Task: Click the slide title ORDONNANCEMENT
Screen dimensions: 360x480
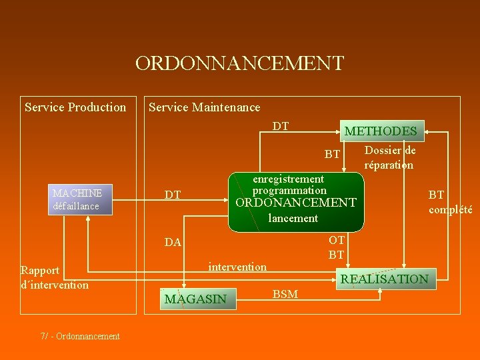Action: [x=239, y=63]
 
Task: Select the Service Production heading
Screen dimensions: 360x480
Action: [x=75, y=107]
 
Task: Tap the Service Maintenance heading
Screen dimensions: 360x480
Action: [x=204, y=107]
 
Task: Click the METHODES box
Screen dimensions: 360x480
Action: [x=381, y=131]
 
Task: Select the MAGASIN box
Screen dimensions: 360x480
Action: [x=196, y=299]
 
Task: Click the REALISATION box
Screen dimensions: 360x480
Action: [x=385, y=279]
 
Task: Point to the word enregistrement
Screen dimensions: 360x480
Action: [x=288, y=179]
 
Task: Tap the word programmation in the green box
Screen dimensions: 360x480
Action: [x=289, y=190]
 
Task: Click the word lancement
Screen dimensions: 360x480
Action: [x=293, y=218]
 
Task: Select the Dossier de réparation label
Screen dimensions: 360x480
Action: [x=389, y=158]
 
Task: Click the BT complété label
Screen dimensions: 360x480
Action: [x=449, y=202]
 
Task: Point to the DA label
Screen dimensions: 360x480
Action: [x=173, y=242]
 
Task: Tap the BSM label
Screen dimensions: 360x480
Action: [x=285, y=294]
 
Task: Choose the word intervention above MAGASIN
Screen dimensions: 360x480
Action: [x=237, y=267]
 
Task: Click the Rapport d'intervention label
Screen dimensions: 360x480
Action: [x=55, y=277]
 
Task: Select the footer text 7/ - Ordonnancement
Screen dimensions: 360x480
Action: [x=80, y=336]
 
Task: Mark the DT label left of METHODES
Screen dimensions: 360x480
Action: [x=281, y=126]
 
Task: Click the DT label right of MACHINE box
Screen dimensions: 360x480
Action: [x=173, y=195]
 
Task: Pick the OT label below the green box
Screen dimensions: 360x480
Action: [x=337, y=240]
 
